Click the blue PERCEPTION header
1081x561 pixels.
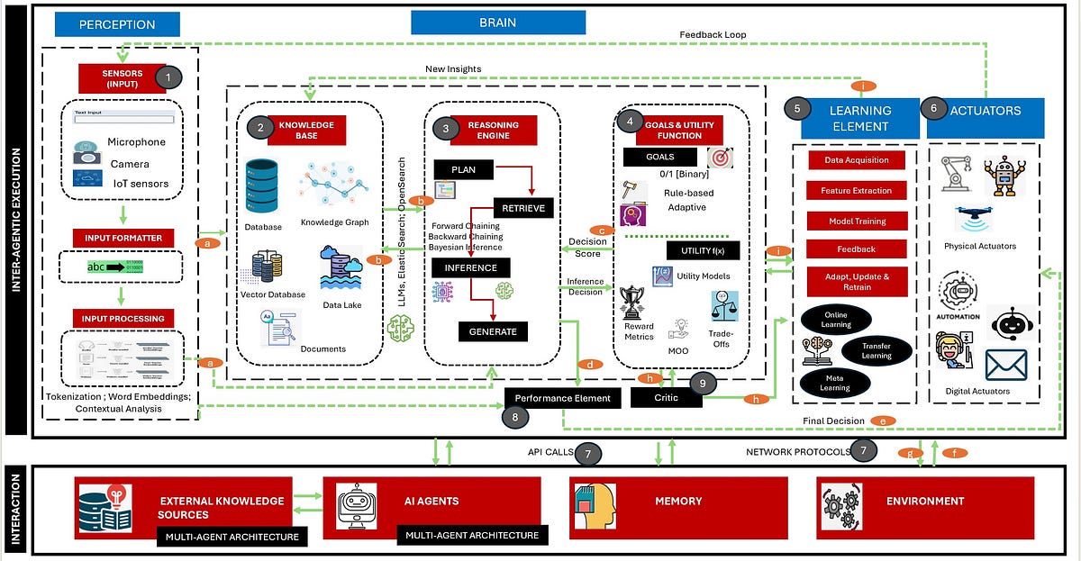[x=117, y=24]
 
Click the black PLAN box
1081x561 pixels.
[x=463, y=169]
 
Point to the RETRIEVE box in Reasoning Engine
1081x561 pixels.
[x=523, y=208]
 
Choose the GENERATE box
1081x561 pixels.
[x=493, y=331]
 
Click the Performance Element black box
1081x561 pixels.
[x=562, y=397]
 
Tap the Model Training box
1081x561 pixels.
[x=857, y=221]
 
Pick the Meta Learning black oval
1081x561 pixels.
[x=834, y=383]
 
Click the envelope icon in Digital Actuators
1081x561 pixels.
[x=1005, y=365]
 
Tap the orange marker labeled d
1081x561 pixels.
[x=589, y=365]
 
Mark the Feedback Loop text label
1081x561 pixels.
[x=713, y=35]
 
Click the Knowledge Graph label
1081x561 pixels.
[x=334, y=222]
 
